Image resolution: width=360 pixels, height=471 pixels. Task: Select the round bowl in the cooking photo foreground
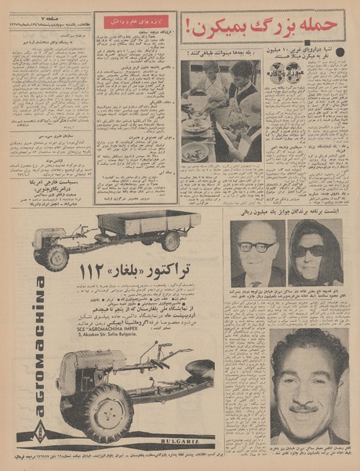tap(195, 150)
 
